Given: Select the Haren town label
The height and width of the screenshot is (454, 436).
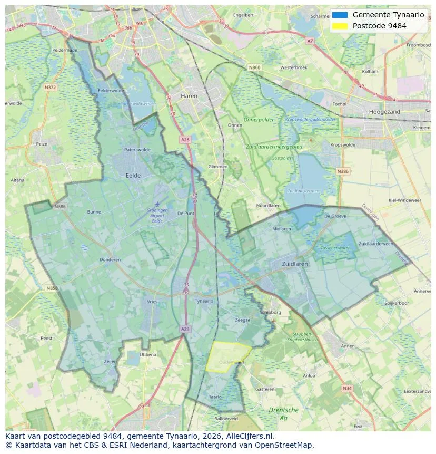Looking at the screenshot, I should tap(189, 96).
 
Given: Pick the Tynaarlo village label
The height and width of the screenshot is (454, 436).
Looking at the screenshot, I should tap(204, 301).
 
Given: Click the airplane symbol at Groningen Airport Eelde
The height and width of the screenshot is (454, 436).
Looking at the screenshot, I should tap(156, 204).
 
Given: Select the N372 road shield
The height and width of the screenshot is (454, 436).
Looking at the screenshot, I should tap(51, 87).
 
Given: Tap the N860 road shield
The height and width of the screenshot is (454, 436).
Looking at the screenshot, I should tap(254, 67).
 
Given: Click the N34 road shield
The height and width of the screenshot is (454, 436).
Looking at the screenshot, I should tap(346, 388).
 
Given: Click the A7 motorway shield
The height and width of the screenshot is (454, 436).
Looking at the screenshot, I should tap(310, 41).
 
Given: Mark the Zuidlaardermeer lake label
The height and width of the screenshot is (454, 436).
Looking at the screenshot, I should tap(303, 190).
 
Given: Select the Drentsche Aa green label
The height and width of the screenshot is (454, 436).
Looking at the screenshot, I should tap(283, 413).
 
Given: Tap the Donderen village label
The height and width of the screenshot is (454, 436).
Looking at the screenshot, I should tap(110, 259).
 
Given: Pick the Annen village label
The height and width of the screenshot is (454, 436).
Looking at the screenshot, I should tap(348, 346).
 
